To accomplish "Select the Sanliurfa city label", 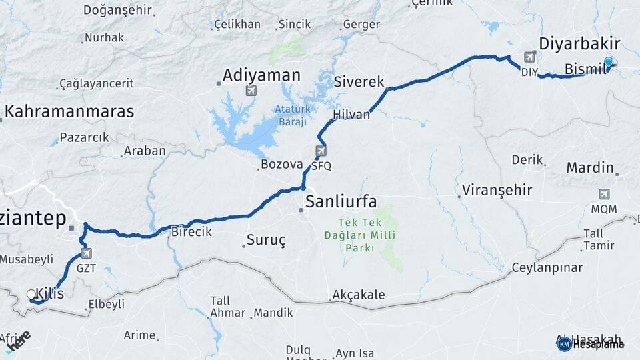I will (x=341, y=201).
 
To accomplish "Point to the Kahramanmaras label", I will (x=70, y=111).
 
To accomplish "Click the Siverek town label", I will (x=359, y=82).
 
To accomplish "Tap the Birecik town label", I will (x=191, y=232).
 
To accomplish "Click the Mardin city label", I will (x=589, y=167).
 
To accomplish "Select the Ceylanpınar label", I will (x=547, y=268).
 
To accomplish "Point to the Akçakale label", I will (x=359, y=295).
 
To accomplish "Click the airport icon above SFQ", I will (x=321, y=151).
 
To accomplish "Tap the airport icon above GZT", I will (x=86, y=253).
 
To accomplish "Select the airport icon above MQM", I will (x=604, y=194).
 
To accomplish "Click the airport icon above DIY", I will (x=530, y=57).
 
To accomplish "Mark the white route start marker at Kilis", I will (x=31, y=295).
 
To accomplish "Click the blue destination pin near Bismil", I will (x=608, y=62).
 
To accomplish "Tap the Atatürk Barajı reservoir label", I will (x=290, y=115).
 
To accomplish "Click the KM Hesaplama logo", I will (x=591, y=343).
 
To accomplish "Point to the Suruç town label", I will (x=266, y=241).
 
